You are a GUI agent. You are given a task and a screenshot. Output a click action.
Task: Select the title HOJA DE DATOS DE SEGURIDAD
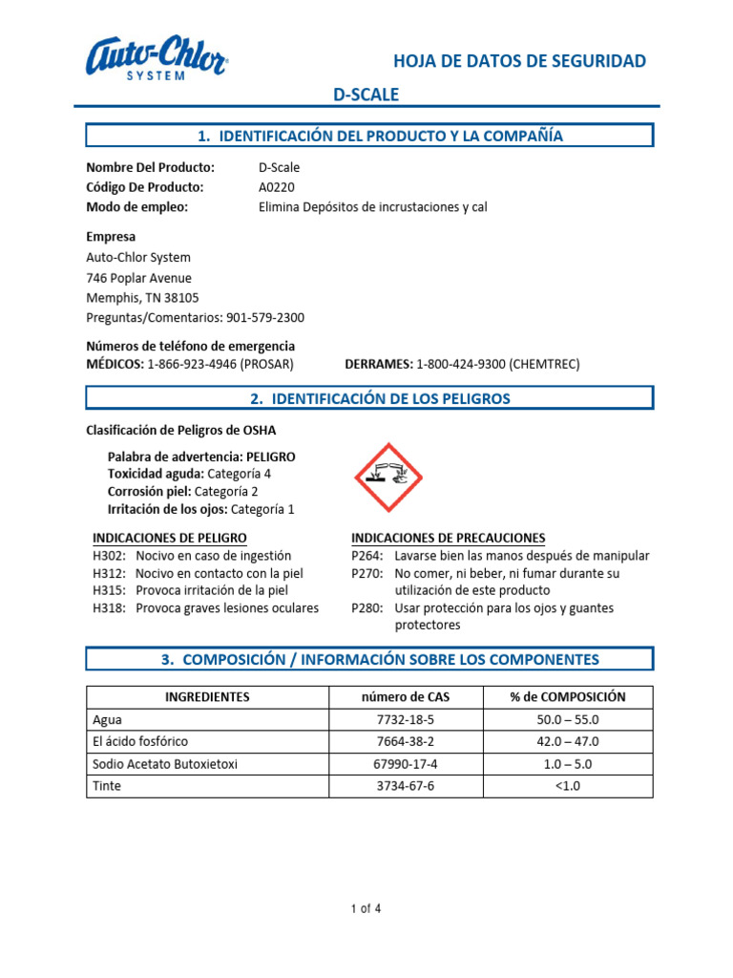click(x=520, y=62)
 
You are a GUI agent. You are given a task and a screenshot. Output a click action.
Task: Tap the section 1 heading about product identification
click(x=370, y=136)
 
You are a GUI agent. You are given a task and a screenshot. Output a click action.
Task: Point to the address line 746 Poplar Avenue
click(x=139, y=278)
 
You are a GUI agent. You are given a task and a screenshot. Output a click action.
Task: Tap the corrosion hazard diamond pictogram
click(x=388, y=477)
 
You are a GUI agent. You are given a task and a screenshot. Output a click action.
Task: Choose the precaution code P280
click(x=366, y=608)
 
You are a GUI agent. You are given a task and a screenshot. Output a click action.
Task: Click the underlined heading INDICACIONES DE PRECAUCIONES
click(x=449, y=538)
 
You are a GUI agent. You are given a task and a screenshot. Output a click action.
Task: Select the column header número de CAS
click(x=406, y=697)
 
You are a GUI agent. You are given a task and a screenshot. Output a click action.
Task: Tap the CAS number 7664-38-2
click(x=406, y=741)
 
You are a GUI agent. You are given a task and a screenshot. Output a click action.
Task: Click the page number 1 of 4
click(x=366, y=909)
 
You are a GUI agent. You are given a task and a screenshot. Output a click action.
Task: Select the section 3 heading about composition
click(x=370, y=659)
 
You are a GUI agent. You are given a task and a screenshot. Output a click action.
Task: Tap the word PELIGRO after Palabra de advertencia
click(x=270, y=457)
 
